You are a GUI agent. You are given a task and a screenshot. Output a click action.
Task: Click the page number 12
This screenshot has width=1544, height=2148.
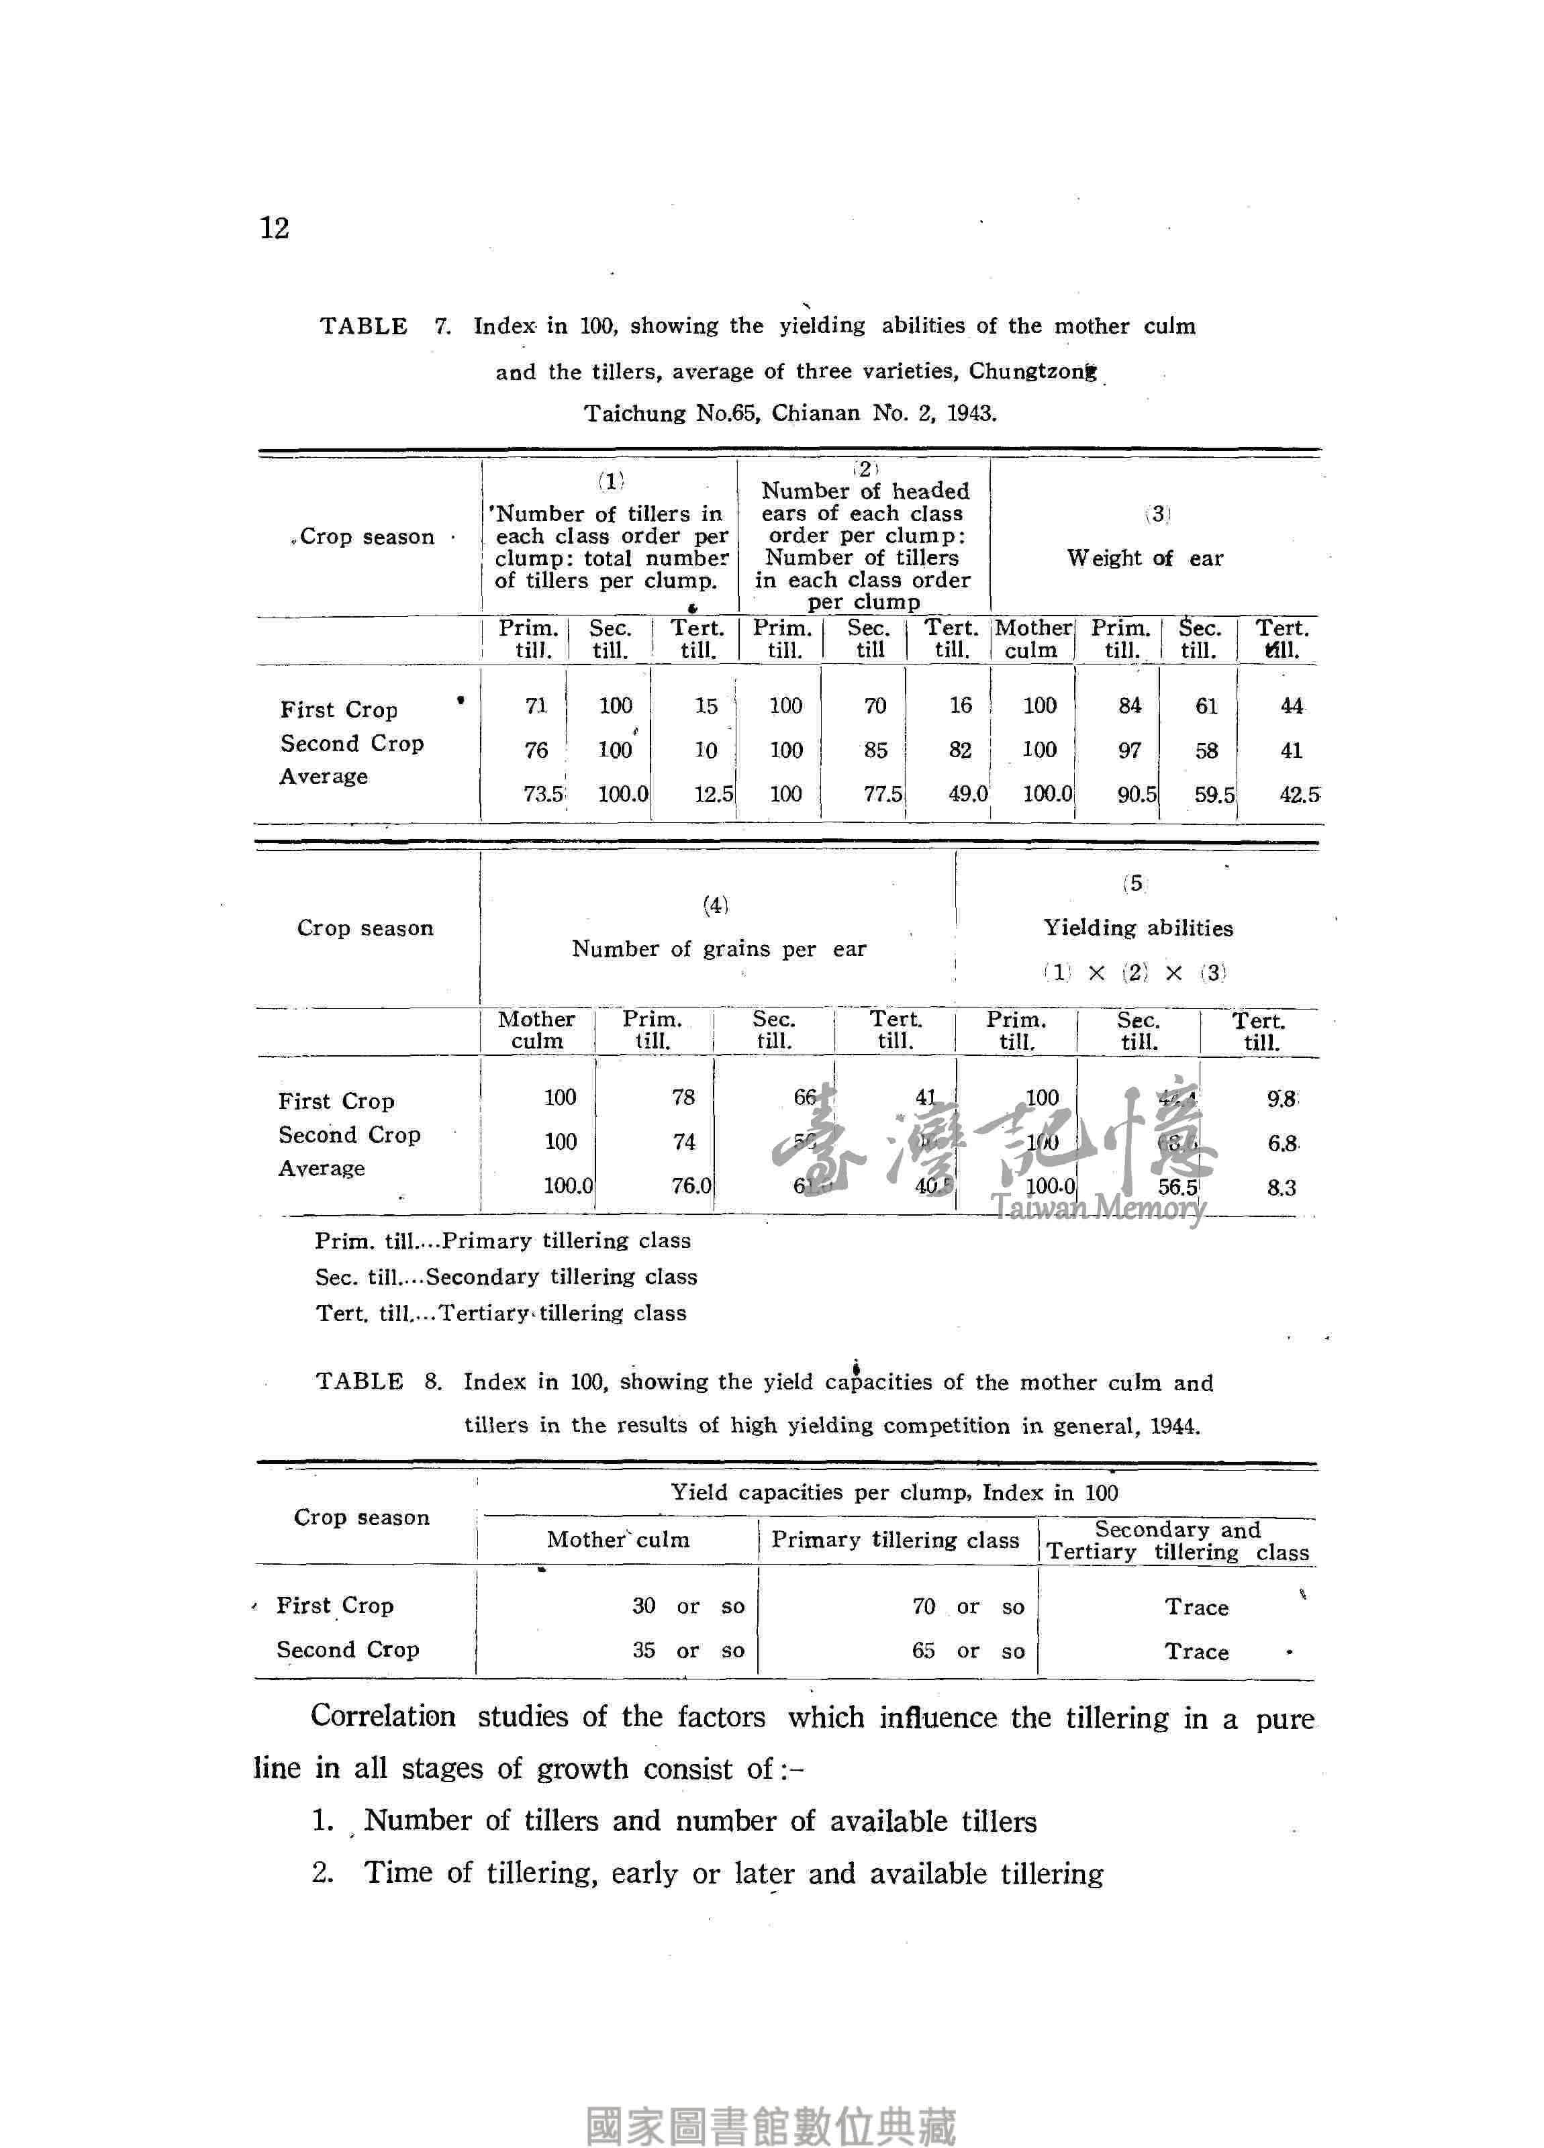click(274, 228)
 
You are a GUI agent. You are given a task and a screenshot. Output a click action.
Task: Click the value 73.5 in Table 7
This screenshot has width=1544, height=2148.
click(543, 793)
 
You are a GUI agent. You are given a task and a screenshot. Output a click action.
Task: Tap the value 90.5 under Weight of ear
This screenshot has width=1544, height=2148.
click(1136, 793)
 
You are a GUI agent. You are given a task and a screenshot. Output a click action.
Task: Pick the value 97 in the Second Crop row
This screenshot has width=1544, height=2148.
click(1129, 750)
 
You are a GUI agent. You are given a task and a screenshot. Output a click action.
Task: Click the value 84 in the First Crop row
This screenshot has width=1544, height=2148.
click(1129, 705)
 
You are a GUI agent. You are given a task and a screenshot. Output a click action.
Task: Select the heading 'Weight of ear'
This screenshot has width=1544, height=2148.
click(1145, 558)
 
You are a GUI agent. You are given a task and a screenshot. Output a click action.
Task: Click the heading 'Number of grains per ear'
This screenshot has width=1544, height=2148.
click(718, 949)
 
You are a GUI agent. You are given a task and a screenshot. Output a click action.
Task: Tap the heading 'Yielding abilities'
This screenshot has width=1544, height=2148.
click(1138, 928)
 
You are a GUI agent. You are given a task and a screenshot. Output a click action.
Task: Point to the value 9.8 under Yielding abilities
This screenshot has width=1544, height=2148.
click(1282, 1099)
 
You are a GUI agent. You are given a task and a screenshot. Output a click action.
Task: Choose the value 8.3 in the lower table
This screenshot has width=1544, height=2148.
click(1281, 1187)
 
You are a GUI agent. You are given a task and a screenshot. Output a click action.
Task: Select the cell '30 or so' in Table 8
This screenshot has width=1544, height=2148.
click(687, 1606)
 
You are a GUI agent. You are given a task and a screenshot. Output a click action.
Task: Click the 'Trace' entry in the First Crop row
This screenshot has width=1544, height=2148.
click(1196, 1607)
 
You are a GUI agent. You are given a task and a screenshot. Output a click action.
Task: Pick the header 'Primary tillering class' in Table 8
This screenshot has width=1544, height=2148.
click(895, 1540)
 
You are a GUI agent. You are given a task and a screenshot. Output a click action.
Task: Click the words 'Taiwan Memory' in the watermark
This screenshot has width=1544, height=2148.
click(1098, 1208)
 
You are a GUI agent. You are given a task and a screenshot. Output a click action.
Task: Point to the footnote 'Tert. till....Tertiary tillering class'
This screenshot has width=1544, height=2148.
click(500, 1314)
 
